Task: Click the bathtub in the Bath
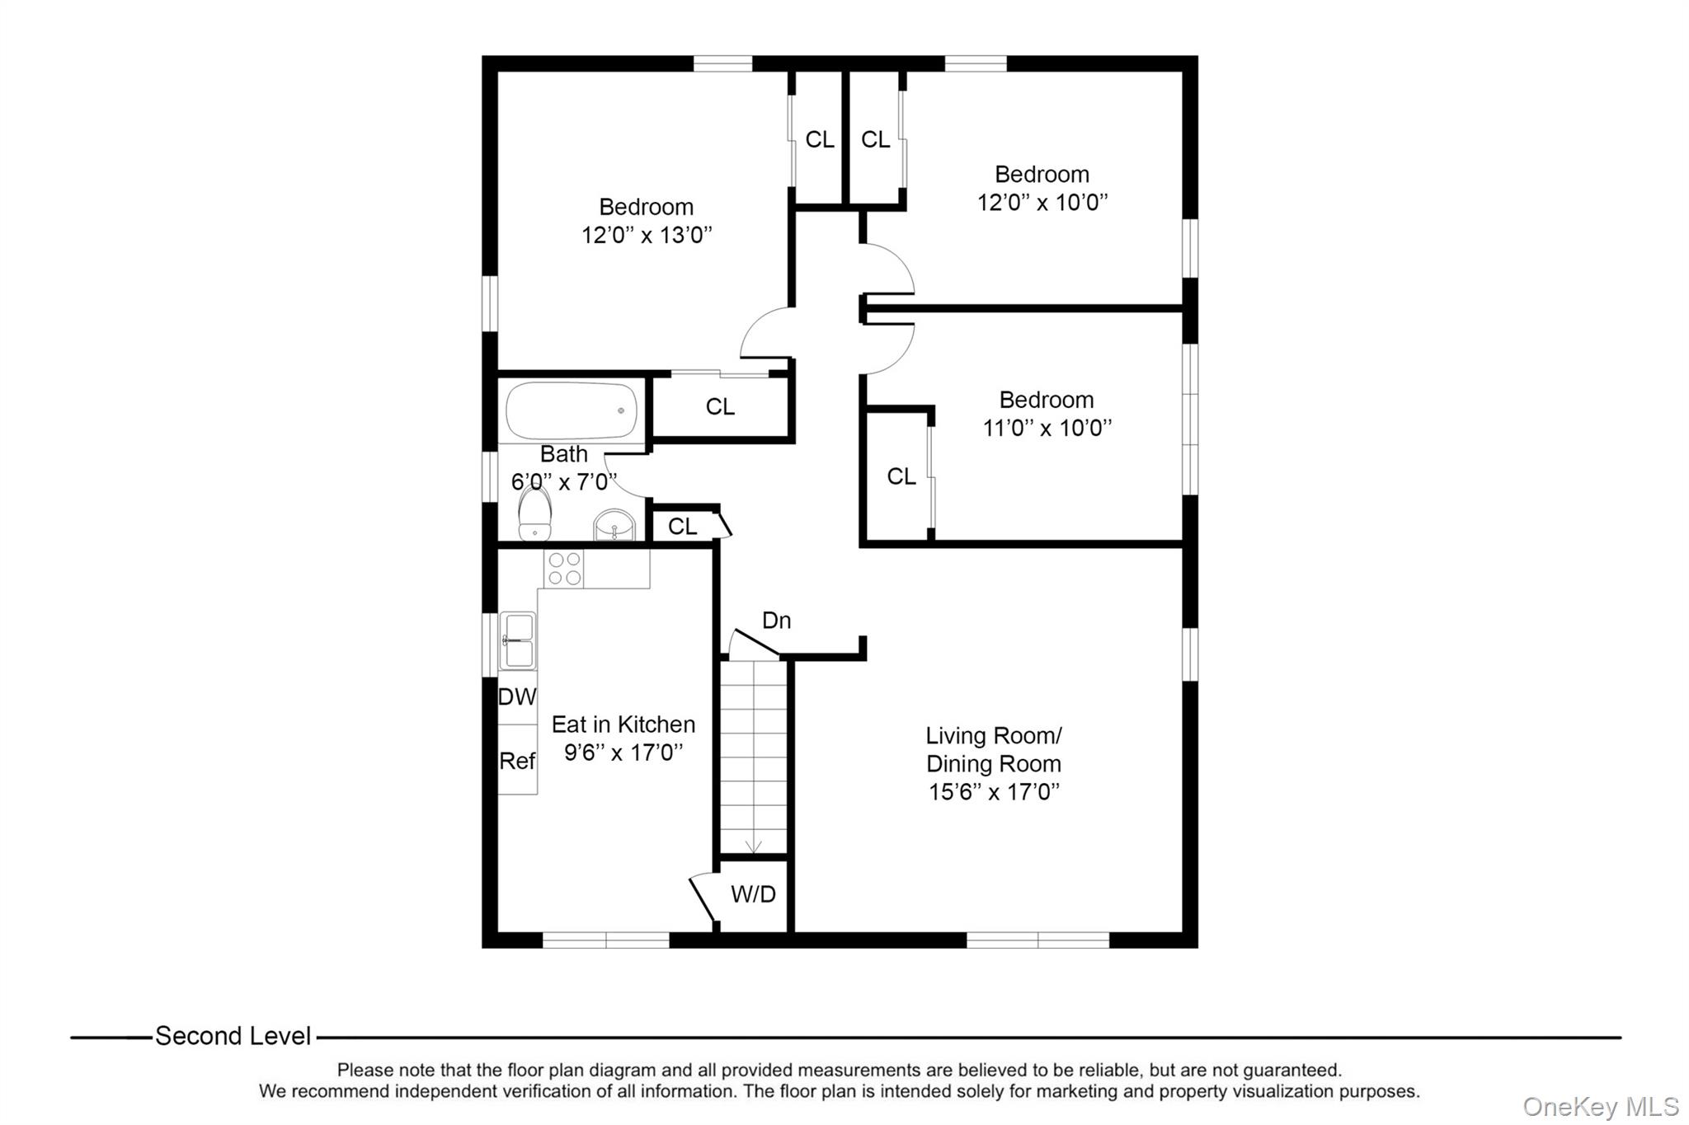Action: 571,410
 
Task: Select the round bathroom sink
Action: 614,524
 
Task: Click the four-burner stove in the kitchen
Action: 563,569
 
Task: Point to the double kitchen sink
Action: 518,641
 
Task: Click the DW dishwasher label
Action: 517,697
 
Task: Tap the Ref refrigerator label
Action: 517,761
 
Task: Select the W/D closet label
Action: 753,894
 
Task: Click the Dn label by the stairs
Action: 776,621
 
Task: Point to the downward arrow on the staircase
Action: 753,846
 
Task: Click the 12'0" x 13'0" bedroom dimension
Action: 646,236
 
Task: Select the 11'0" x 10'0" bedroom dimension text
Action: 1047,429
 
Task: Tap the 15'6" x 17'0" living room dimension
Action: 993,792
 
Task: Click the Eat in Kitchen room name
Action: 623,724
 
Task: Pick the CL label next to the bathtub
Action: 720,406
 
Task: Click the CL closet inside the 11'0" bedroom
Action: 901,476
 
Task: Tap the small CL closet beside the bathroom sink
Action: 682,527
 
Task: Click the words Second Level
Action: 233,1036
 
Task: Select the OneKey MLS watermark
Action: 1600,1106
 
